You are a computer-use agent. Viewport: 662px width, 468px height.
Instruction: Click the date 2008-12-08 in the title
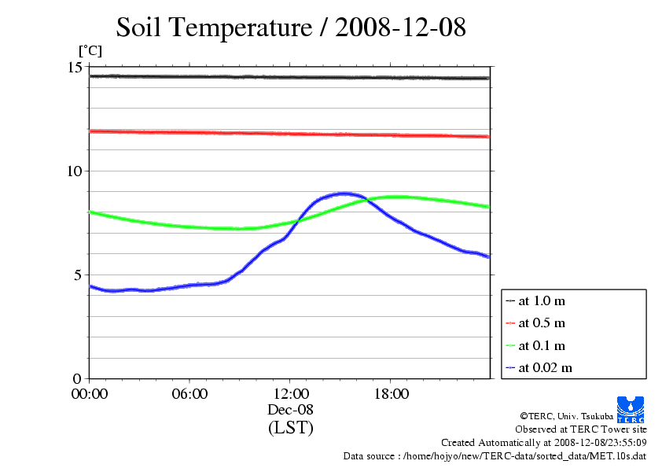(x=401, y=28)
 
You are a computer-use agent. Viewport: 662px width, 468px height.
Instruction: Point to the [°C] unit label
(x=90, y=51)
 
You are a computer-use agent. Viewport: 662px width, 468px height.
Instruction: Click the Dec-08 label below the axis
(x=290, y=411)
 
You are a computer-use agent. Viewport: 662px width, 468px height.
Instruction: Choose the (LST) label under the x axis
(x=290, y=429)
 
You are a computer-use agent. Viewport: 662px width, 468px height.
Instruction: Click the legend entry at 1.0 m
(x=542, y=300)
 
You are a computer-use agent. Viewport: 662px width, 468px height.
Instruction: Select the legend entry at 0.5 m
(x=542, y=322)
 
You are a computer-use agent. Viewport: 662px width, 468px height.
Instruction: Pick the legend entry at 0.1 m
(x=542, y=345)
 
